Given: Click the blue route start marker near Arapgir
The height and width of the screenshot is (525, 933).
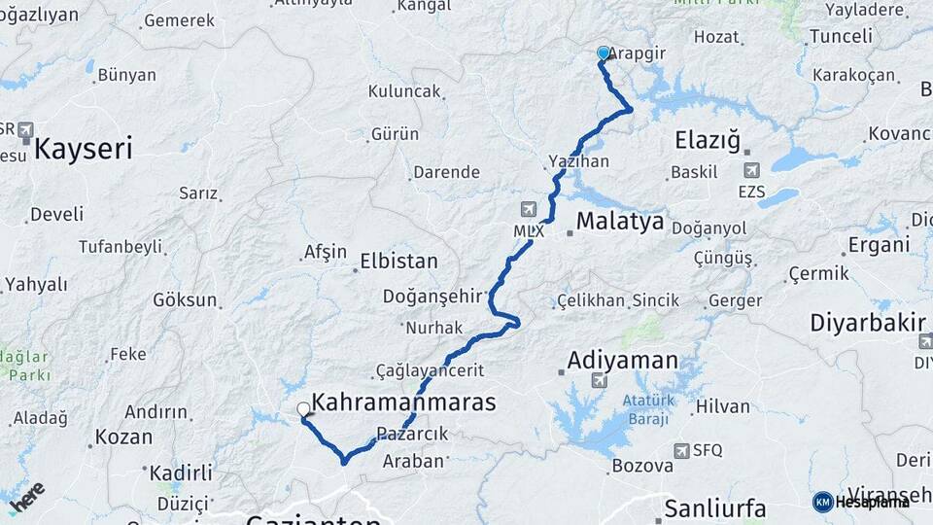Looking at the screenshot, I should pyautogui.click(x=604, y=53).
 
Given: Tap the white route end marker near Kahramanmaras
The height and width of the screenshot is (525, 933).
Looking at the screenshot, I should pyautogui.click(x=304, y=410).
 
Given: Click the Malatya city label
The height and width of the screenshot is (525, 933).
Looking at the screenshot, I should pyautogui.click(x=620, y=222).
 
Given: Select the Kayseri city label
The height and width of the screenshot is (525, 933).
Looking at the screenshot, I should pyautogui.click(x=84, y=149).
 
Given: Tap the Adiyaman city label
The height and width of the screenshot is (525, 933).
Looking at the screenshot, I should pyautogui.click(x=622, y=360).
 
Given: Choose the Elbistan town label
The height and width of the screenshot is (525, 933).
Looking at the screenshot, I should pyautogui.click(x=398, y=262).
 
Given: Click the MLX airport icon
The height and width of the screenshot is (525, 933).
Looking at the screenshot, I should pyautogui.click(x=529, y=209).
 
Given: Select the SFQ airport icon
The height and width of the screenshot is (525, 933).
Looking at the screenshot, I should pyautogui.click(x=682, y=450).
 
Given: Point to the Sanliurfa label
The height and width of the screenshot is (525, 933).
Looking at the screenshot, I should pyautogui.click(x=715, y=507).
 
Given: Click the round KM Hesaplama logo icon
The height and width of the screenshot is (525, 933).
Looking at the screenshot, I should pyautogui.click(x=822, y=502).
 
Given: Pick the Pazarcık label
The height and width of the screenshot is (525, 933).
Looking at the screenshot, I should pyautogui.click(x=412, y=435).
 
